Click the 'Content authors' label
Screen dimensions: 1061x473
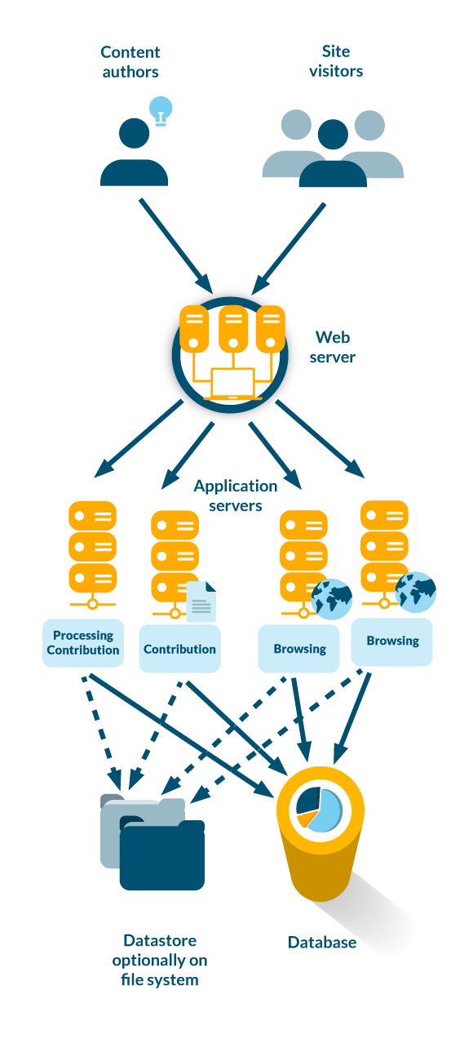pos(130,62)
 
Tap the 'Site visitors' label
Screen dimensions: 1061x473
pos(336,62)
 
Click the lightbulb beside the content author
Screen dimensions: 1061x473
pos(161,109)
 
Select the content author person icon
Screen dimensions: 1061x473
pos(134,155)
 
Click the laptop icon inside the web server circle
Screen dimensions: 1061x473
pos(232,384)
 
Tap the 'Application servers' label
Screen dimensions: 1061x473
pos(236,495)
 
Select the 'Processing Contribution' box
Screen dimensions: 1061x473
pos(83,643)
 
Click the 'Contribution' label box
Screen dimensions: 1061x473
pos(179,650)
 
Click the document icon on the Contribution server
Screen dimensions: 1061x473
pos(201,602)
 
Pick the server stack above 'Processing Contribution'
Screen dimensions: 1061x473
pos(92,547)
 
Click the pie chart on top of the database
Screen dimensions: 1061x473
pos(319,807)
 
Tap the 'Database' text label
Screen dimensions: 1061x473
pos(322,943)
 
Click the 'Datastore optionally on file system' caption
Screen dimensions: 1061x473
pos(160,961)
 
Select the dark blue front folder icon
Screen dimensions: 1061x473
pos(162,857)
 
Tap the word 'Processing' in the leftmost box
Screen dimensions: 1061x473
pos(83,636)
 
